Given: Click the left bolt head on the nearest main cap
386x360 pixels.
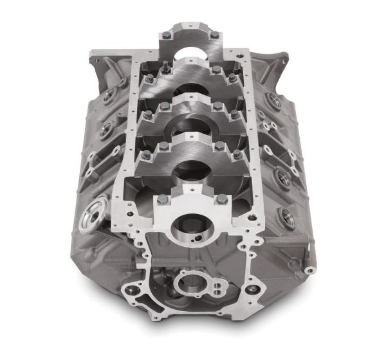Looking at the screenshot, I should [x=162, y=200].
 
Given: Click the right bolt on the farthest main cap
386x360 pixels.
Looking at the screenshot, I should [x=214, y=35].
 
